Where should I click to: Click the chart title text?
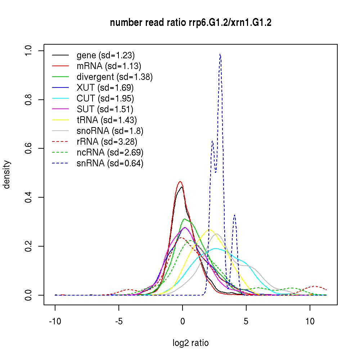click(x=190, y=23)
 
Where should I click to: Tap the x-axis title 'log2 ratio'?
click(x=190, y=343)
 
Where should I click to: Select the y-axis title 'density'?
click(x=7, y=174)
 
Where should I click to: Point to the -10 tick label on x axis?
click(x=55, y=322)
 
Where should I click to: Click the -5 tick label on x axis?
click(x=119, y=322)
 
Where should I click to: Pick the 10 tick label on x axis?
click(x=310, y=322)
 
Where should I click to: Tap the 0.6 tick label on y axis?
click(x=29, y=148)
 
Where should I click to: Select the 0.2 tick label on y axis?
click(x=29, y=246)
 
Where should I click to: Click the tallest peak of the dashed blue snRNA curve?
click(x=220, y=54)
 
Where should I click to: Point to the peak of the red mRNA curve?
click(x=180, y=182)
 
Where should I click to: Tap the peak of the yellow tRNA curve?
click(x=208, y=230)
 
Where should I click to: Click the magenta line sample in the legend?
click(x=60, y=109)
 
